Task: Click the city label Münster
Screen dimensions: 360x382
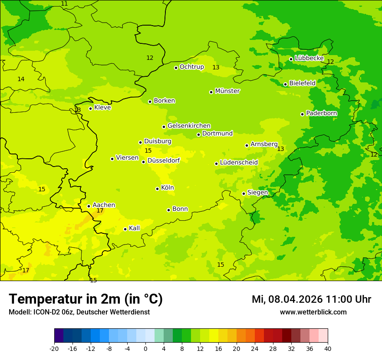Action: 227,91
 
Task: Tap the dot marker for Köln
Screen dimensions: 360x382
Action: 157,189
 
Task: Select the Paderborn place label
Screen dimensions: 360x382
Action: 322,113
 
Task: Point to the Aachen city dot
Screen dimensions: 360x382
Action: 89,206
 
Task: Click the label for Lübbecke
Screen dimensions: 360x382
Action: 309,58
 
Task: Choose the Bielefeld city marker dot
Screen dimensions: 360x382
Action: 285,84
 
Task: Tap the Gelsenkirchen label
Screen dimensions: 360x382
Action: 189,126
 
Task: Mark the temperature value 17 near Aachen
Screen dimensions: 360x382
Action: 100,211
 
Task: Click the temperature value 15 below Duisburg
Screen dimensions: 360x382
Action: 148,151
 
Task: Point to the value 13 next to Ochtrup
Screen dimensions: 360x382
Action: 216,67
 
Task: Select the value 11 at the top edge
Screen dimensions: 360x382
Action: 64,4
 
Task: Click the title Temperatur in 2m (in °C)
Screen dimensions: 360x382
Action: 86,299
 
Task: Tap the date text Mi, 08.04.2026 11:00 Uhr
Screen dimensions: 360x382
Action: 311,299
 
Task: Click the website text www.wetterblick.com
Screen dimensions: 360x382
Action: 313,312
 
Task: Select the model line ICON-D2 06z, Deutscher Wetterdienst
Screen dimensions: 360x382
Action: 79,312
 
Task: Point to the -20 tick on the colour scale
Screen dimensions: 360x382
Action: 54,348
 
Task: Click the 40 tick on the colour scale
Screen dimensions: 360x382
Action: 328,348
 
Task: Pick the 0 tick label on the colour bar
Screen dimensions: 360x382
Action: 145,348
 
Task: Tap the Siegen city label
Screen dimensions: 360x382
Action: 257,193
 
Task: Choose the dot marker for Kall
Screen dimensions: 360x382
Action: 125,229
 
